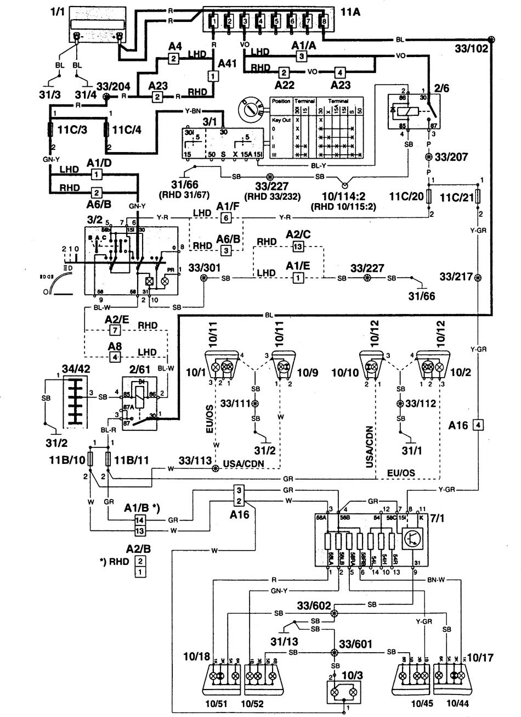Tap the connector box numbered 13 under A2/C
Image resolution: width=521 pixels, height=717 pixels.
pyautogui.click(x=297, y=247)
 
